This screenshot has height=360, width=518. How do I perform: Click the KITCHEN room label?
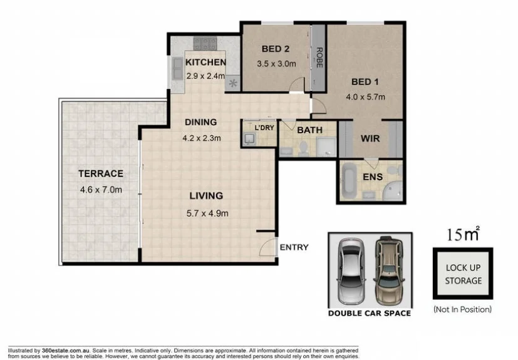[205, 62]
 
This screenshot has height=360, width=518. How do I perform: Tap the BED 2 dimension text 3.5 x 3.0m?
[276, 63]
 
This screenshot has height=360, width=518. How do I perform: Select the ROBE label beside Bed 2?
[319, 58]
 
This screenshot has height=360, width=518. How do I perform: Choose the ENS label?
[373, 177]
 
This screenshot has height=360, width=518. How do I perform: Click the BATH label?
[309, 130]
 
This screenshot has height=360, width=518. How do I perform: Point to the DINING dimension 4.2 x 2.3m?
[201, 138]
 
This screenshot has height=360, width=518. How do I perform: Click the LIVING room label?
[206, 195]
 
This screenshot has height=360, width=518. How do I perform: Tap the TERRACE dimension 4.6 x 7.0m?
[100, 190]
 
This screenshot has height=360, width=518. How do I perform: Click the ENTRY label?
[294, 247]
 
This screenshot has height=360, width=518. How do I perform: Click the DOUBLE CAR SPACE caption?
[370, 313]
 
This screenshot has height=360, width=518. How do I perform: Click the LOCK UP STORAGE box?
[463, 274]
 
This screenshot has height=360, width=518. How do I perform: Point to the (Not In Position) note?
[462, 309]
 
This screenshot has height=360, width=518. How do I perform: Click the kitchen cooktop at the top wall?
[205, 43]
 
